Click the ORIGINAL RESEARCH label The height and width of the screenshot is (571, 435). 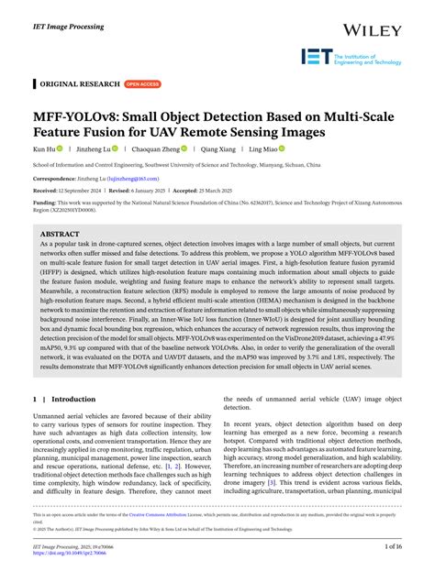(x=78, y=83)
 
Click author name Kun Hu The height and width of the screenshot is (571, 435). (x=44, y=148)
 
